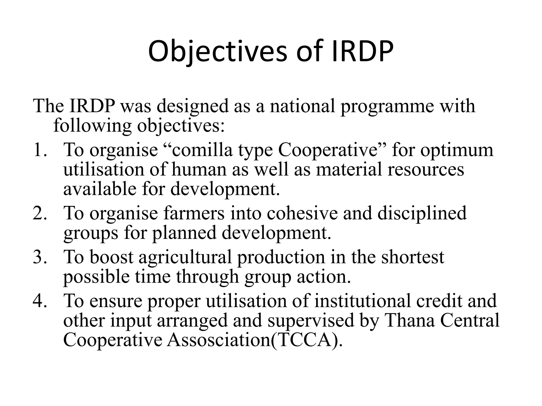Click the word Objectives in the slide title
coord(217,51)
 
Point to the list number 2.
coord(40,213)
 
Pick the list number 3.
coord(40,257)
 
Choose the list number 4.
coord(40,301)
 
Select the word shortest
coord(413,257)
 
